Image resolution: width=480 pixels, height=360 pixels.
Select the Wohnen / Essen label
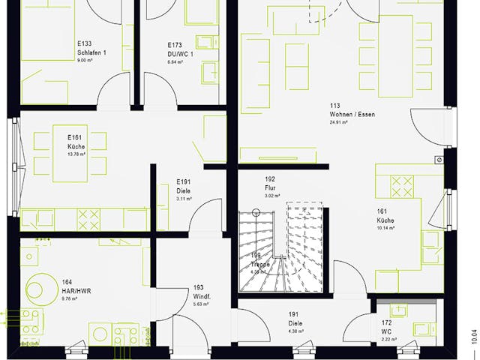351,114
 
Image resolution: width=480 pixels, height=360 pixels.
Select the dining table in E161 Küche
69,153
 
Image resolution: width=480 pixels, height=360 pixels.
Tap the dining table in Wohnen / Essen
394,56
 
